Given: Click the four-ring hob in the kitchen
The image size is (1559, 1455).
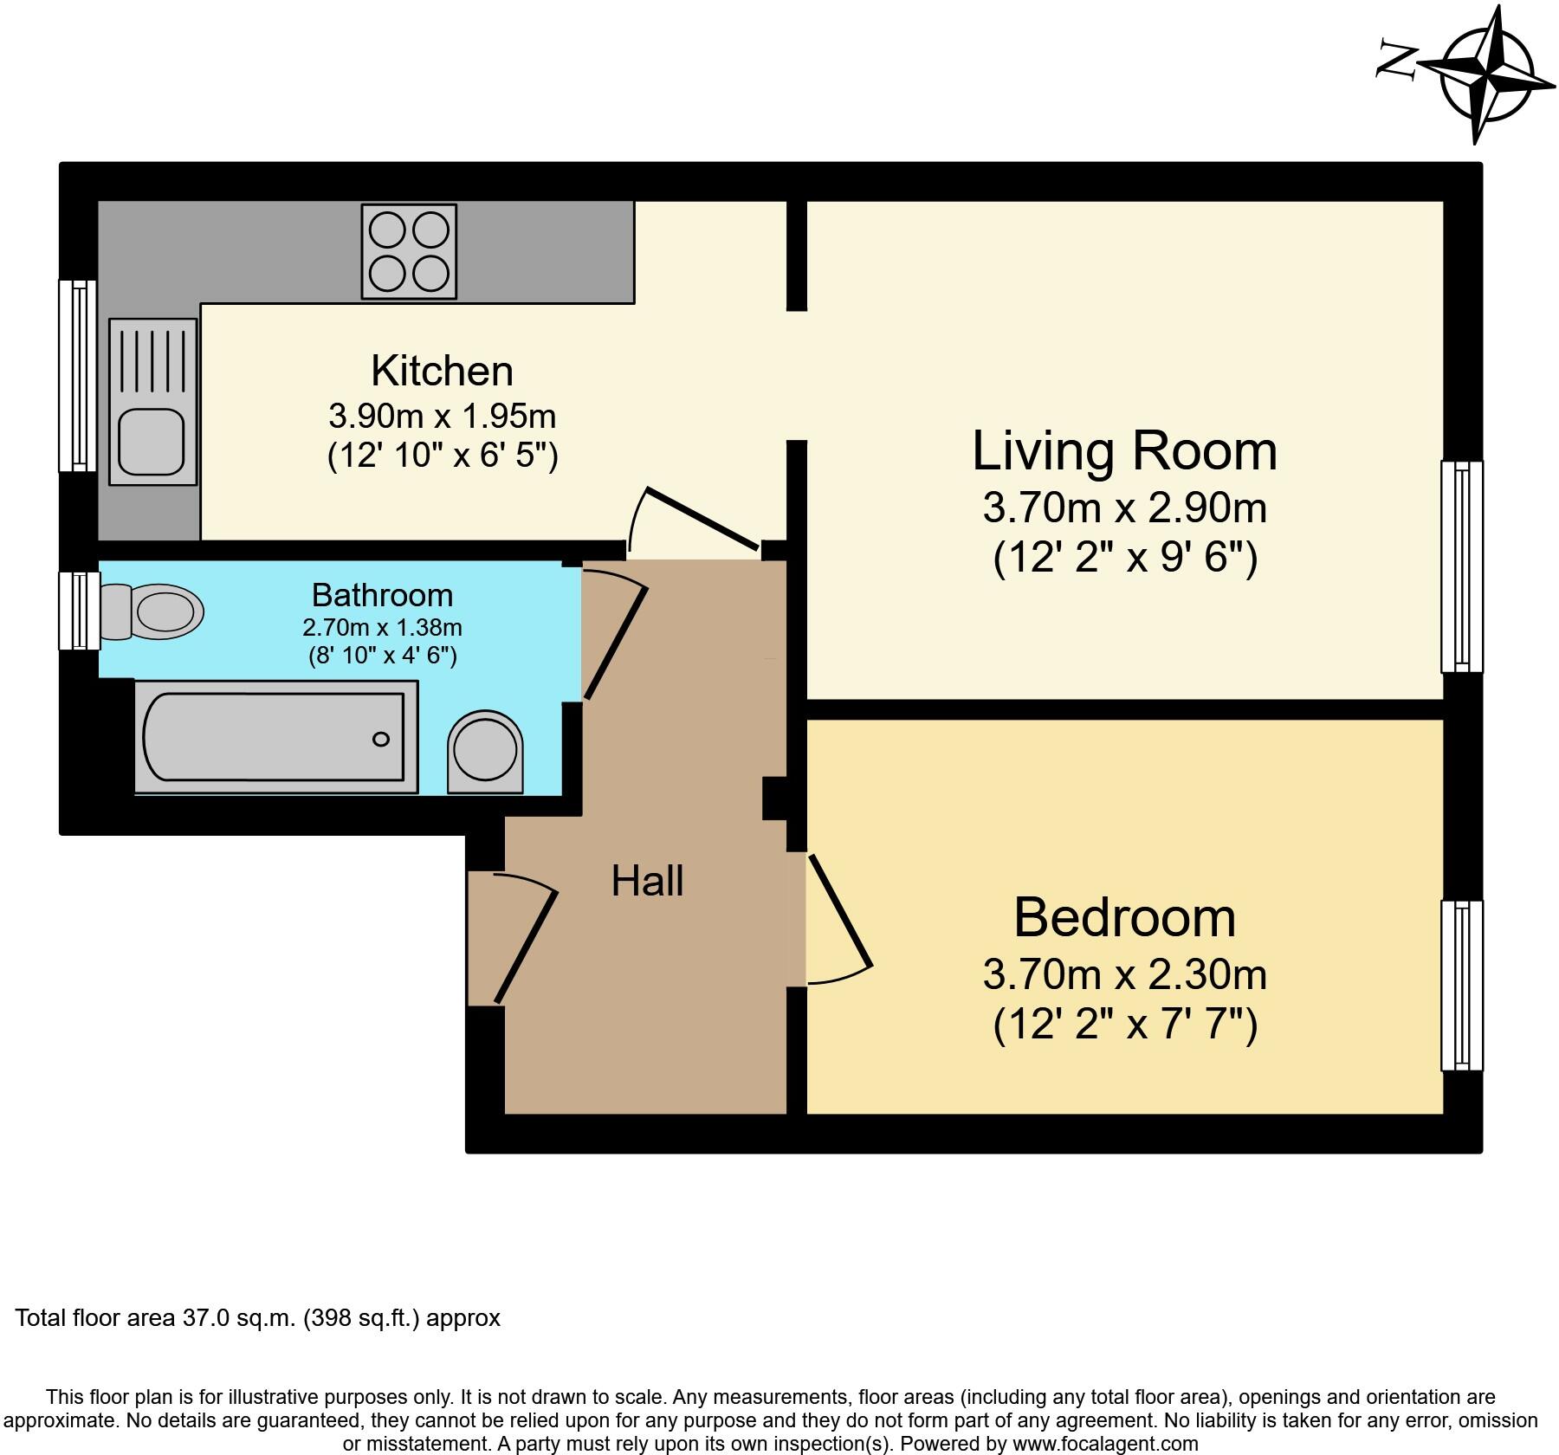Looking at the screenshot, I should pyautogui.click(x=409, y=251).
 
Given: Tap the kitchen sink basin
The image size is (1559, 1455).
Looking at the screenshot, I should pyautogui.click(x=152, y=439).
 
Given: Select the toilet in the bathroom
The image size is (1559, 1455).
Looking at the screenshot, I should pyautogui.click(x=156, y=611).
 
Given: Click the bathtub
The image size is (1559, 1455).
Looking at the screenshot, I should pyautogui.click(x=275, y=737).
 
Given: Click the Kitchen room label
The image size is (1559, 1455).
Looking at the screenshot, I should pyautogui.click(x=442, y=371).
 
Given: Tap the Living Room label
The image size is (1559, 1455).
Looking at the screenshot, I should pyautogui.click(x=1124, y=451).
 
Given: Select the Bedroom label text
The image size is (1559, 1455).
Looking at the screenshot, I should pyautogui.click(x=1124, y=917).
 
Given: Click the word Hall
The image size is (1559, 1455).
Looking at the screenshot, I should pyautogui.click(x=647, y=882).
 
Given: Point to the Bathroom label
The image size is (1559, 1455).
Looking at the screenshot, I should pyautogui.click(x=382, y=595).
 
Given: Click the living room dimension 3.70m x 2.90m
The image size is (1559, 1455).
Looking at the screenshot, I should pyautogui.click(x=1124, y=508).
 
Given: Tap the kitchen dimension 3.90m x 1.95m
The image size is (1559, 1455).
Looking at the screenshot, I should pyautogui.click(x=442, y=417).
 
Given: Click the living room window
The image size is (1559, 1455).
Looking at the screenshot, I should pyautogui.click(x=1461, y=566).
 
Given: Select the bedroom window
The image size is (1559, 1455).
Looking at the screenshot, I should pyautogui.click(x=1461, y=986).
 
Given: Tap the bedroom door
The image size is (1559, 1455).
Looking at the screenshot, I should pyautogui.click(x=838, y=911).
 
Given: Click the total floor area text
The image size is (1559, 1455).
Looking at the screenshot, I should pyautogui.click(x=258, y=1318).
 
